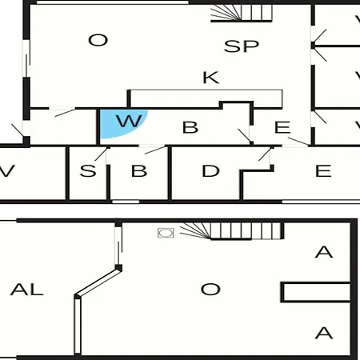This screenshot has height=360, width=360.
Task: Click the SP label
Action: coord(242,46)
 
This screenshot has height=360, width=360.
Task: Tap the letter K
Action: coord(211,78)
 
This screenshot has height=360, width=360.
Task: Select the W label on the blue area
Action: coord(129,121)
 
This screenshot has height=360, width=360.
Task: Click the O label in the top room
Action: coord(98,40)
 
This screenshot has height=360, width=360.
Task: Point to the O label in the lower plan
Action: coord(210,290)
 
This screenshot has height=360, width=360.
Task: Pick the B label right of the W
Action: coord(190,127)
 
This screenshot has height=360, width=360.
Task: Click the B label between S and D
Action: coord(139,171)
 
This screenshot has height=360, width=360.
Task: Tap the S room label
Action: coord(88,171)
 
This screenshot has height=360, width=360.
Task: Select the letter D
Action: coord(210,171)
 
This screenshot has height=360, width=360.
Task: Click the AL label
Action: coord(26,290)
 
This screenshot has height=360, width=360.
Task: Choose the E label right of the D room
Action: coord(323,171)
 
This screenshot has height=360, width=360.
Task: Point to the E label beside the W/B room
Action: coord(282,127)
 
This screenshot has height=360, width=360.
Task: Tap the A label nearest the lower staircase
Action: coord(324,252)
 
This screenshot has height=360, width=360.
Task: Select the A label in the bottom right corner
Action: coord(324,333)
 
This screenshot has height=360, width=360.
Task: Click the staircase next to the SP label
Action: coord(242,13)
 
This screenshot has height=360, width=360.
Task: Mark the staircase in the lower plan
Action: coord(231,231)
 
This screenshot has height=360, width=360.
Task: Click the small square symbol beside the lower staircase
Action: coord(166,233)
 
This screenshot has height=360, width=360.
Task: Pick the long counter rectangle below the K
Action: coord(206,98)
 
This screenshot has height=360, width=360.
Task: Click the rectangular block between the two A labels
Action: coord(315,292)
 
